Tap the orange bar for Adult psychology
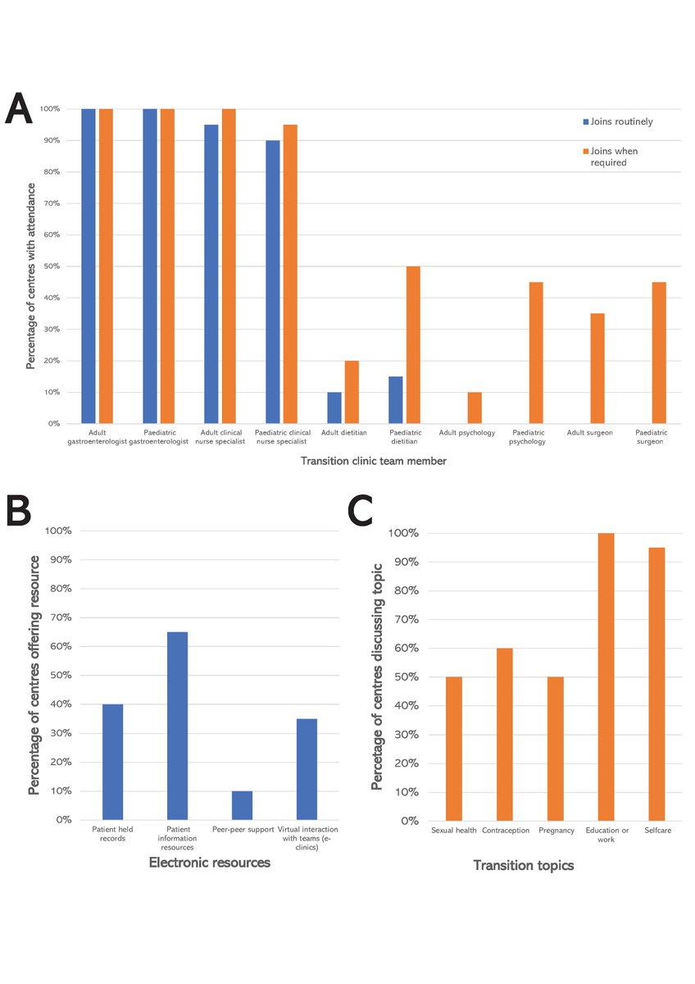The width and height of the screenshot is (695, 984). click(x=475, y=408)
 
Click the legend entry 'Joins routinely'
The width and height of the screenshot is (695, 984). click(x=616, y=121)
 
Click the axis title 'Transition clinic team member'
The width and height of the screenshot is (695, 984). click(x=373, y=461)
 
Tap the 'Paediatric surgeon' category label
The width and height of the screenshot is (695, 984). click(x=652, y=436)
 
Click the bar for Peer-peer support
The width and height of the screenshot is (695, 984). click(x=242, y=805)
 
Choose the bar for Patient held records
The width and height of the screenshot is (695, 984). click(x=113, y=762)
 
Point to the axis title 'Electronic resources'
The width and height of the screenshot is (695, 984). click(x=210, y=863)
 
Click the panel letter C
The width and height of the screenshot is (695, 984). click(x=361, y=512)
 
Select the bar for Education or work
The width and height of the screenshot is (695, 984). click(x=606, y=676)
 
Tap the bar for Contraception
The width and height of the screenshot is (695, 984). click(x=504, y=734)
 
